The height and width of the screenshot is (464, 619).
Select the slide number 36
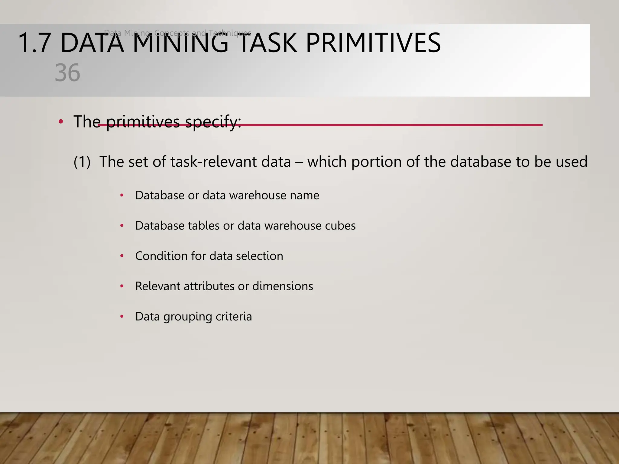(67, 73)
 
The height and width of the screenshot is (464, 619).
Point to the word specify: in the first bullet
(213, 122)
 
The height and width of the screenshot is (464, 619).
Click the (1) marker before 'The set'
(82, 162)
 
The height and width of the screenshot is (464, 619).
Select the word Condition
(161, 256)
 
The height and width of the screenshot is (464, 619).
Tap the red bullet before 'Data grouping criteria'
(122, 317)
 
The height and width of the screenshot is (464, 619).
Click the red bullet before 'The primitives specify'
(61, 122)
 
